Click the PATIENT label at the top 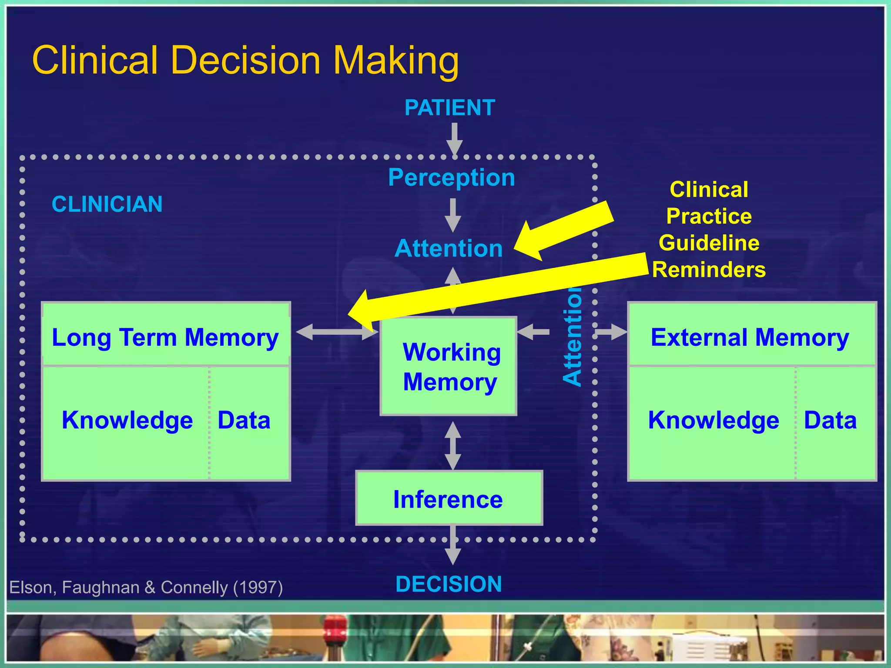(449, 107)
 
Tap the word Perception (451, 177)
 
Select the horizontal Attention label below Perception (449, 248)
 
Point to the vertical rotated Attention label (573, 337)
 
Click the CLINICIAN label (107, 204)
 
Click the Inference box (449, 498)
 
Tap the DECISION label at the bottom (449, 584)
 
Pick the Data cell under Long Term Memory (244, 420)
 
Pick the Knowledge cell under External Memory (713, 420)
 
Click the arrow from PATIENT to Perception (454, 138)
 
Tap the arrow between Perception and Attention (453, 215)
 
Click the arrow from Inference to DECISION (453, 546)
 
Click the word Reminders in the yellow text (709, 270)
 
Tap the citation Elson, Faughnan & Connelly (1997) (146, 588)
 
